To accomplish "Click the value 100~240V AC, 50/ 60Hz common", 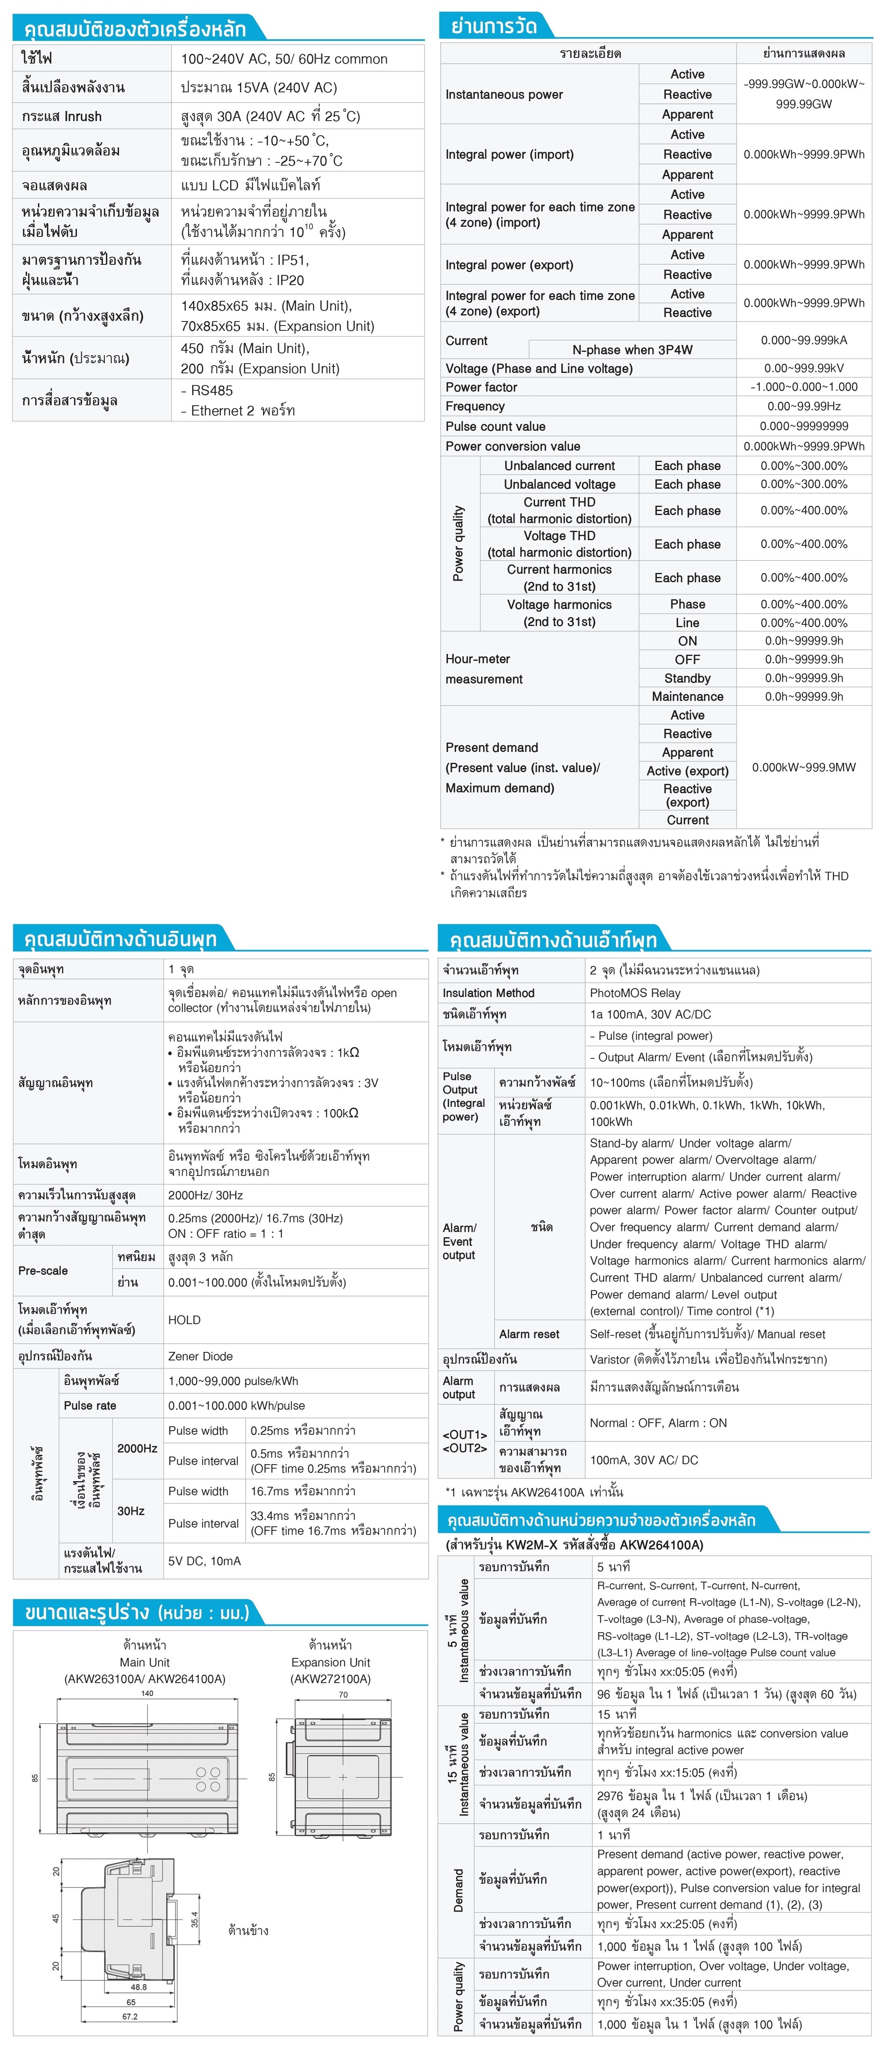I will coord(284,59).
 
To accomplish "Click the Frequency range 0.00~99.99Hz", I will coord(804,406).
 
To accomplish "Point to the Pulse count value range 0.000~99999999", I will coord(804,426).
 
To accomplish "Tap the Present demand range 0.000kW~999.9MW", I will coord(804,767).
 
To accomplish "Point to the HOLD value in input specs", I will coord(185,1320).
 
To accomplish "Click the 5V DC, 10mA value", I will coord(204,1560).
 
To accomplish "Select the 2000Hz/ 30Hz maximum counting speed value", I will coord(205,1195).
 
